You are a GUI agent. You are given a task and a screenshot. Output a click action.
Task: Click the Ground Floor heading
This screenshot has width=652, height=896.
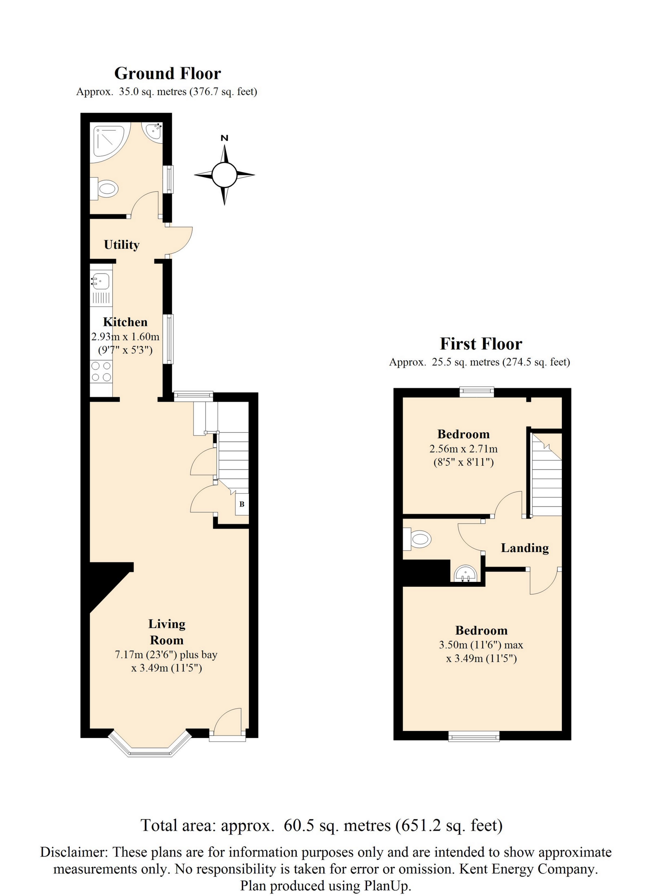click(167, 73)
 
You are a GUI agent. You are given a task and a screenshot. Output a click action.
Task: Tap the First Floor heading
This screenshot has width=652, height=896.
click(481, 344)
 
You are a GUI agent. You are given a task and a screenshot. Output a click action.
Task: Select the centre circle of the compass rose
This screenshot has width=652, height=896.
click(224, 175)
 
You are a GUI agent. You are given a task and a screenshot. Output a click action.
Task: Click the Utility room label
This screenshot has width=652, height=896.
click(122, 245)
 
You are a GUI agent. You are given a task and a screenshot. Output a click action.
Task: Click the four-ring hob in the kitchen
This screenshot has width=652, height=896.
click(101, 372)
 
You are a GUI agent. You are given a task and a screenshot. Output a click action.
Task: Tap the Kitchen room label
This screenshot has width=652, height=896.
click(125, 322)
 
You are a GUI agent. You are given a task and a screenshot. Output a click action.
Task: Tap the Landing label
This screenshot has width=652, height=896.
click(525, 548)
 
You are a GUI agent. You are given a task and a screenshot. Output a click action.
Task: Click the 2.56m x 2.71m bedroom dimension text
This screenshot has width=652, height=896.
click(464, 449)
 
